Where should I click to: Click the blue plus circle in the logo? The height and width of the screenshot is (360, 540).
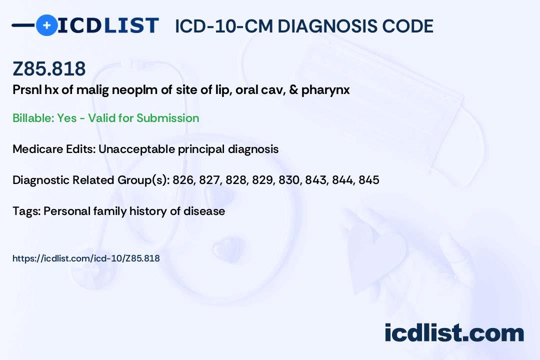point(46,25)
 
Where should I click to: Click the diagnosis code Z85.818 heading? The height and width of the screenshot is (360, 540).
point(49,68)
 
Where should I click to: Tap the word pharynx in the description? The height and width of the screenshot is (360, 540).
point(325,90)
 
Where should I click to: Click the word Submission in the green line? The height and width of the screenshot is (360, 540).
point(167,118)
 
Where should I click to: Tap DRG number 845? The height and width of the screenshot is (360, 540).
point(369,180)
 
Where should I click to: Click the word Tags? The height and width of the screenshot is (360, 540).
point(26,211)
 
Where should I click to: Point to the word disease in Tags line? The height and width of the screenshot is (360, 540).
point(204,211)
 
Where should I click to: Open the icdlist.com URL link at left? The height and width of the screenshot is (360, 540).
point(86,258)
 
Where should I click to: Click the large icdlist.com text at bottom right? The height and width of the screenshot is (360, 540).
point(454,333)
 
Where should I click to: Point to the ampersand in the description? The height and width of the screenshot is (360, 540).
point(293,90)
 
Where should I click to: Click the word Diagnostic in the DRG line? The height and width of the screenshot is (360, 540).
point(41,180)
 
